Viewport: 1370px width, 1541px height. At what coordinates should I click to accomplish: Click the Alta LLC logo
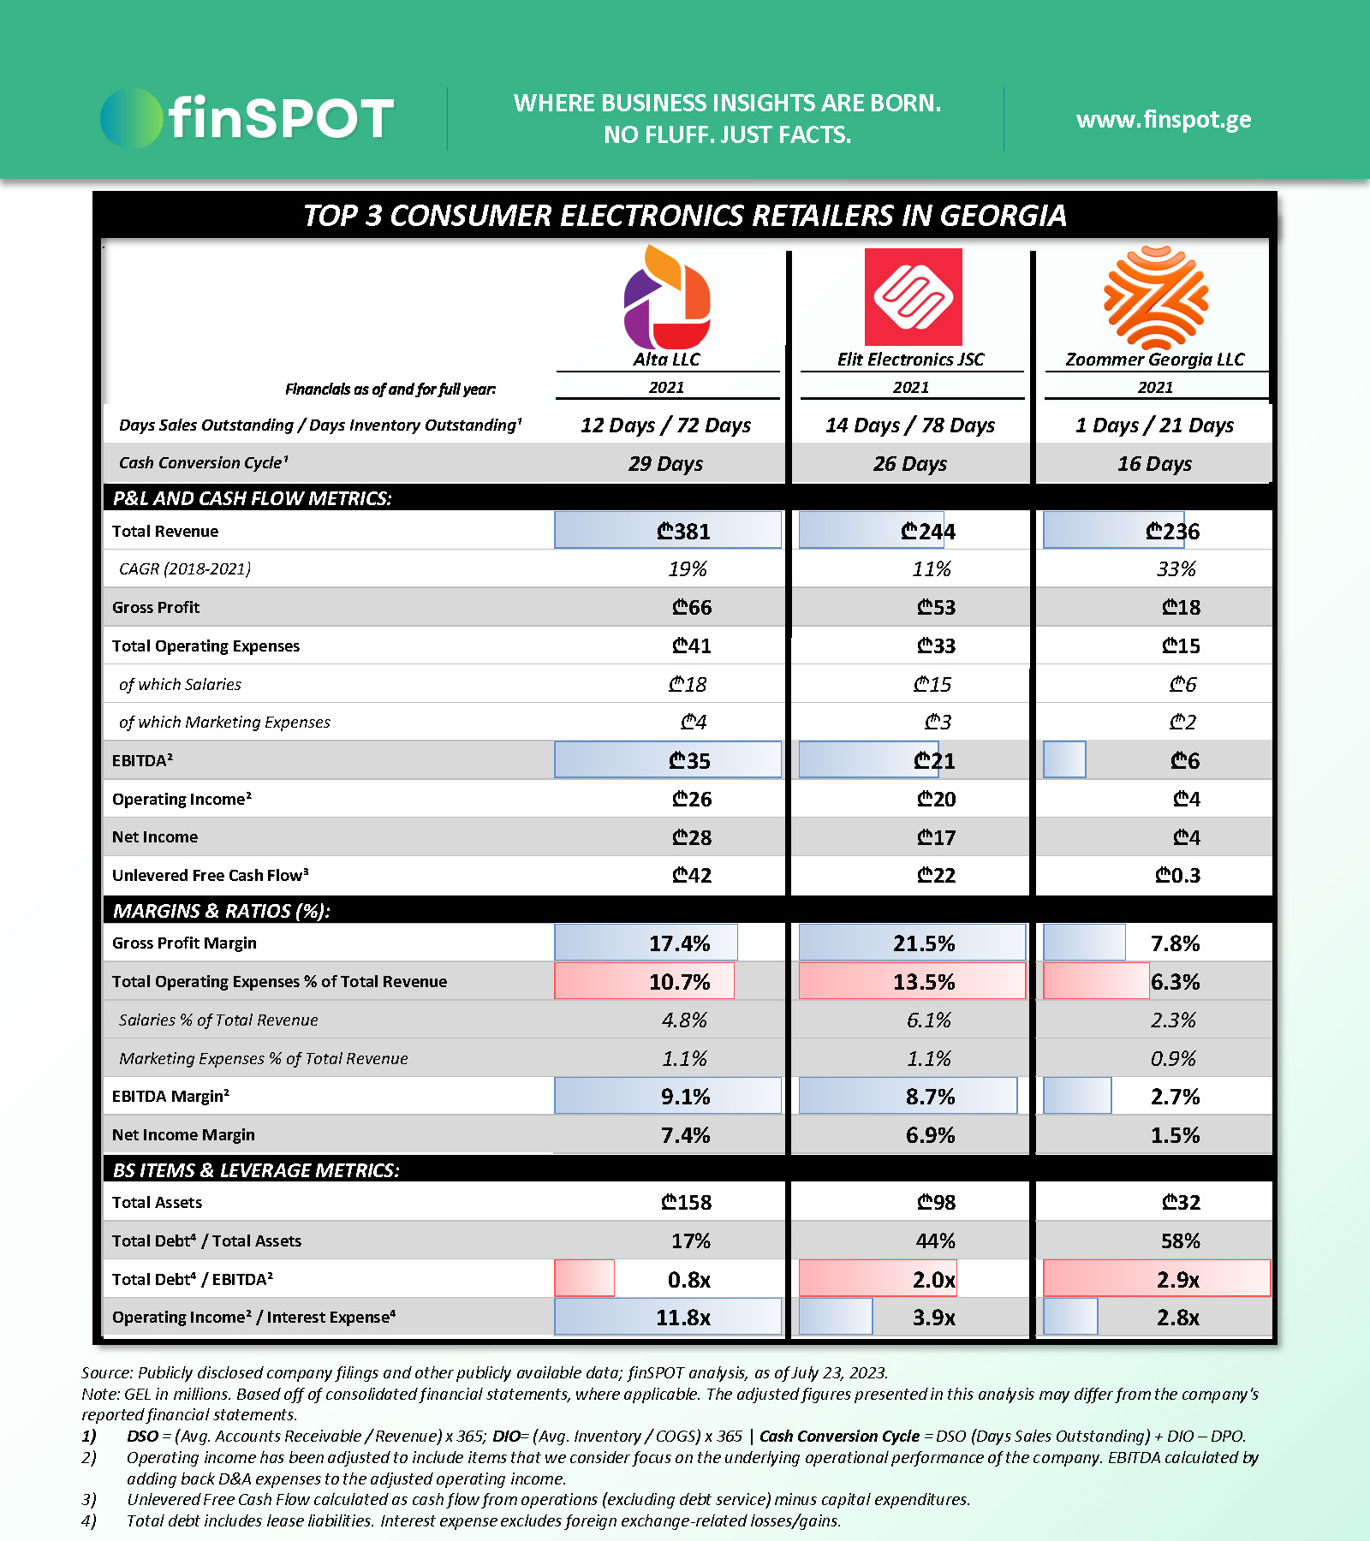pyautogui.click(x=667, y=297)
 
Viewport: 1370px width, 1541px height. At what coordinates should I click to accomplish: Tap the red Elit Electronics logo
pyautogui.click(x=913, y=297)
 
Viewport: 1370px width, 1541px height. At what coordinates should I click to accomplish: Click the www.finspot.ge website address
pyautogui.click(x=1164, y=120)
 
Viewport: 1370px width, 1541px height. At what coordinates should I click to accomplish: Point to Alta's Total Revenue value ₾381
pyautogui.click(x=683, y=532)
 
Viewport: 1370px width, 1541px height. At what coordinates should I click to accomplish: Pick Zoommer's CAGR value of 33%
pyautogui.click(x=1176, y=569)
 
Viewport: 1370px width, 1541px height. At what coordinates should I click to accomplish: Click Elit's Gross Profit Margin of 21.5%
pyautogui.click(x=923, y=943)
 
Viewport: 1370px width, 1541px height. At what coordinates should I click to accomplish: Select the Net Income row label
pyautogui.click(x=155, y=837)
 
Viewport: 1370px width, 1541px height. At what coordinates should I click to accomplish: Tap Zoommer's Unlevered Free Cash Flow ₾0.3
pyautogui.click(x=1177, y=876)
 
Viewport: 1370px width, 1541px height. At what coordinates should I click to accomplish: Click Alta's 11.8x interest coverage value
pyautogui.click(x=682, y=1318)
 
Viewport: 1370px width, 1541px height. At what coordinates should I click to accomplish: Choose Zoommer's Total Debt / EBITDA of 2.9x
pyautogui.click(x=1177, y=1280)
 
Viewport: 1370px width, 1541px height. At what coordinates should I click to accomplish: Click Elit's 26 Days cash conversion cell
pyautogui.click(x=910, y=464)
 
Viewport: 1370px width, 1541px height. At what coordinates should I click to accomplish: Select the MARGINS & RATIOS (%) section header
pyautogui.click(x=222, y=911)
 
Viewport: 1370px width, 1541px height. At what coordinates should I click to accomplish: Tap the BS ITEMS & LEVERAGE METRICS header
pyautogui.click(x=256, y=1170)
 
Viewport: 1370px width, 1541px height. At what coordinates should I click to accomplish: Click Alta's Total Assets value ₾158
pyautogui.click(x=686, y=1203)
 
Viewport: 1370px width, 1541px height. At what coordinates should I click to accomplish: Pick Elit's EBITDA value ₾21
pyautogui.click(x=933, y=761)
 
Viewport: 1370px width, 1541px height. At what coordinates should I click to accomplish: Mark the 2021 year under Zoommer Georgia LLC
pyautogui.click(x=1155, y=388)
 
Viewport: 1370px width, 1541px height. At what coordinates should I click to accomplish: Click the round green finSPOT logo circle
pyautogui.click(x=130, y=118)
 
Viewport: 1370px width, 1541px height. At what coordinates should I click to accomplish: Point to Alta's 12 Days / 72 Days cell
pyautogui.click(x=665, y=425)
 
